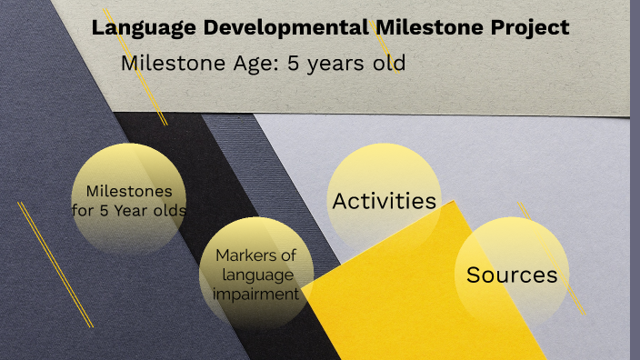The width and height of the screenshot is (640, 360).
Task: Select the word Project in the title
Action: [528, 27]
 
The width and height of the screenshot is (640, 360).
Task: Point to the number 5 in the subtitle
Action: [292, 64]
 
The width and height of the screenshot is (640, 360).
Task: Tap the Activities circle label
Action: [385, 201]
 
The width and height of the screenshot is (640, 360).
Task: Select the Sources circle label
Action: [511, 275]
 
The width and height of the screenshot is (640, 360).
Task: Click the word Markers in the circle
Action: [256, 255]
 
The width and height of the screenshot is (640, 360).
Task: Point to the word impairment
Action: [256, 294]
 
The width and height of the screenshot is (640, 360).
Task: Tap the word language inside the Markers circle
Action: [256, 275]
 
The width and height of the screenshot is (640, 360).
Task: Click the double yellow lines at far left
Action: [55, 264]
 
